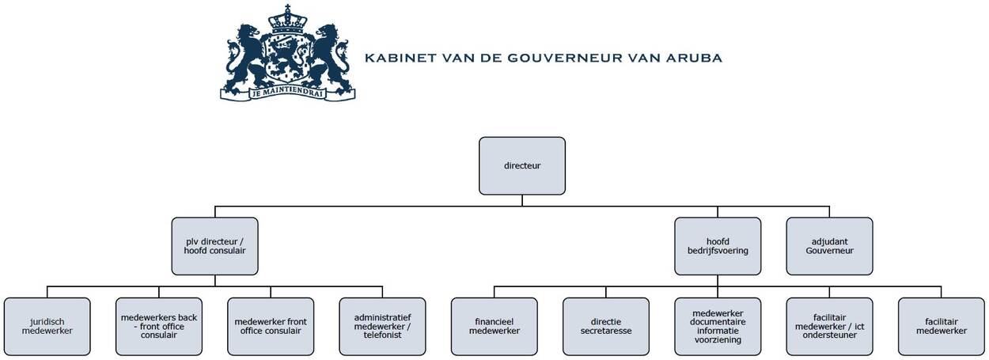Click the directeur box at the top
(x=522, y=165)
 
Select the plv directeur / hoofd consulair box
(x=215, y=246)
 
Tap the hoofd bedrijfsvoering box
(x=718, y=246)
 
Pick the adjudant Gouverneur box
(x=829, y=246)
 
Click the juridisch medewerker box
(x=47, y=327)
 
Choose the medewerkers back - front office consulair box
(x=159, y=327)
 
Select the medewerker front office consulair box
(x=271, y=327)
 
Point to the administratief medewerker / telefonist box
(x=382, y=327)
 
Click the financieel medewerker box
(x=494, y=327)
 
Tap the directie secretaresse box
(x=606, y=327)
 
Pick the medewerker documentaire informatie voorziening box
(x=718, y=327)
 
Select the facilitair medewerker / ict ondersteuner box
(x=829, y=327)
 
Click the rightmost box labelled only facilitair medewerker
(x=942, y=327)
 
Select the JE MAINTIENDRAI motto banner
(x=288, y=93)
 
